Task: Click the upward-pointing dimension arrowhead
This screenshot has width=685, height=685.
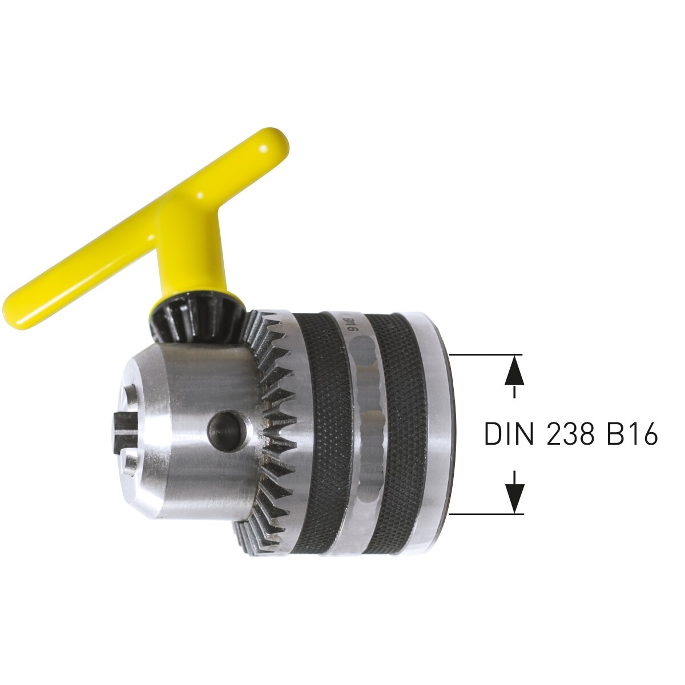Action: click(514, 370)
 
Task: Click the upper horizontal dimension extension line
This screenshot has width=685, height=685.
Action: click(487, 354)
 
